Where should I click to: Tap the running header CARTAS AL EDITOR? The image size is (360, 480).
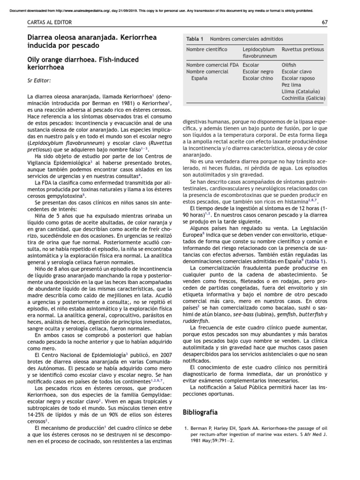click(47, 22)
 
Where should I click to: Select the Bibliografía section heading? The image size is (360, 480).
click(200, 412)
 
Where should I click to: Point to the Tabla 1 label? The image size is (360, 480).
click(195, 39)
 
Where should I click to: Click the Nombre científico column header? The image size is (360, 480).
click(207, 49)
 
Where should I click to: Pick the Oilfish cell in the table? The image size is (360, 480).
click(289, 65)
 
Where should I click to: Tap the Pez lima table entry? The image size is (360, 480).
click(291, 85)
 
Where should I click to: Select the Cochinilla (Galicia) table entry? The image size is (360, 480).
click(303, 98)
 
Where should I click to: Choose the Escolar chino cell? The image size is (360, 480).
click(257, 78)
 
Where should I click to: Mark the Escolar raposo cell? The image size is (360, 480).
click(298, 78)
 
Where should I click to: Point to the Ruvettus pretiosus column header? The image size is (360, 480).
click(302, 49)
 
